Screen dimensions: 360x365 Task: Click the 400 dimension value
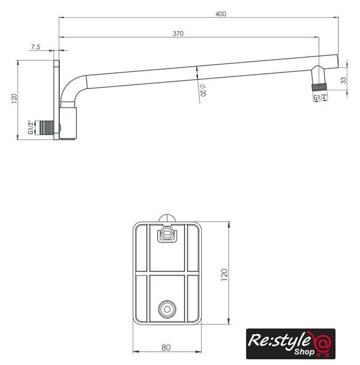(220, 14)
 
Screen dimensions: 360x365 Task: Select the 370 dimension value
(178, 34)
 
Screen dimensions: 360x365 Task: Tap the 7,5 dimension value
(35, 47)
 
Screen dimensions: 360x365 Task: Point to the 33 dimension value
(343, 80)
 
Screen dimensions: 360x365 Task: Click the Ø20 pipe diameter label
(203, 90)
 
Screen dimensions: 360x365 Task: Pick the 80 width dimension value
(166, 347)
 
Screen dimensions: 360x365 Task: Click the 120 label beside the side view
(14, 99)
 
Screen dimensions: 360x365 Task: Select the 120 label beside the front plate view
(224, 275)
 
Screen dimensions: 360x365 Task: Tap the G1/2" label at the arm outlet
(320, 97)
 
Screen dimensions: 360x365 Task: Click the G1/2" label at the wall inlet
(30, 127)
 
